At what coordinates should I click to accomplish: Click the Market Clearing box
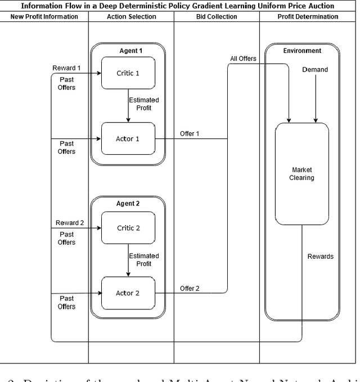point(301,174)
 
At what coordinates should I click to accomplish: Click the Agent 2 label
point(128,204)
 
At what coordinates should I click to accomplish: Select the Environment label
point(302,51)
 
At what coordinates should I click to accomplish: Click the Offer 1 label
point(190,134)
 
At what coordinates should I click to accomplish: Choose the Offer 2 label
point(190,289)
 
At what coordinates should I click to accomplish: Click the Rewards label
point(320,257)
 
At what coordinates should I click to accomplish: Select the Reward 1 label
point(67,68)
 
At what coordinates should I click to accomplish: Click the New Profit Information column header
point(44,16)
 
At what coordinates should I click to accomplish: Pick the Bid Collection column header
point(217,16)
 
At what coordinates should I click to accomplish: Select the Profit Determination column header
point(308,16)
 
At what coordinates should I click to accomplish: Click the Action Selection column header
point(131,16)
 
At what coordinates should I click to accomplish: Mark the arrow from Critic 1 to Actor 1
point(128,105)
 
